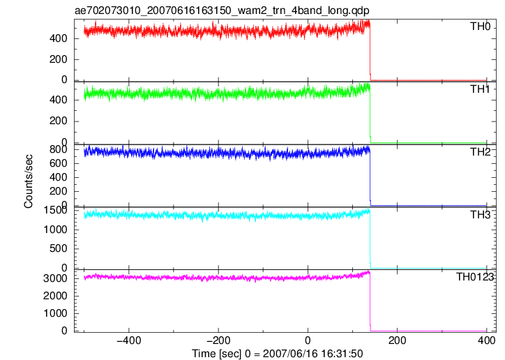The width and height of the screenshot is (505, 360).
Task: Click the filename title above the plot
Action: tap(222, 10)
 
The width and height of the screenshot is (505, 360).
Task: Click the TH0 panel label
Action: tap(480, 27)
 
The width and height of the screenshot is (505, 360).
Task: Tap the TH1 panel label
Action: tap(480, 89)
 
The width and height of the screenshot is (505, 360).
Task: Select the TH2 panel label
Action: tap(480, 152)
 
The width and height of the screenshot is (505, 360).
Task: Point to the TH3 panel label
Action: tap(480, 215)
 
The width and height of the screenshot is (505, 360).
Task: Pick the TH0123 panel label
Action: tap(475, 277)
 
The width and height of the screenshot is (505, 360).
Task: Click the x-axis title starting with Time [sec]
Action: tap(278, 354)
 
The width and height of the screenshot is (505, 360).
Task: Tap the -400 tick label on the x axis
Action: tap(129, 340)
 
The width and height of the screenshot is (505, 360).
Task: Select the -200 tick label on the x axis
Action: tap(218, 340)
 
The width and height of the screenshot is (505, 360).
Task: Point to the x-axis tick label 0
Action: tap(308, 340)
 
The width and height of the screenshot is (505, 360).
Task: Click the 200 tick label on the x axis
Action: tap(398, 340)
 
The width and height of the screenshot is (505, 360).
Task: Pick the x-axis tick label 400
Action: tap(487, 340)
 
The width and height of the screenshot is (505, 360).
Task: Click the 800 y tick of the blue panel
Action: tap(58, 150)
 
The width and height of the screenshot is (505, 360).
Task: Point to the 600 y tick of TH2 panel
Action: tap(58, 163)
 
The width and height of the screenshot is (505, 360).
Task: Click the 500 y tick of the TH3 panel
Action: tap(58, 248)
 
